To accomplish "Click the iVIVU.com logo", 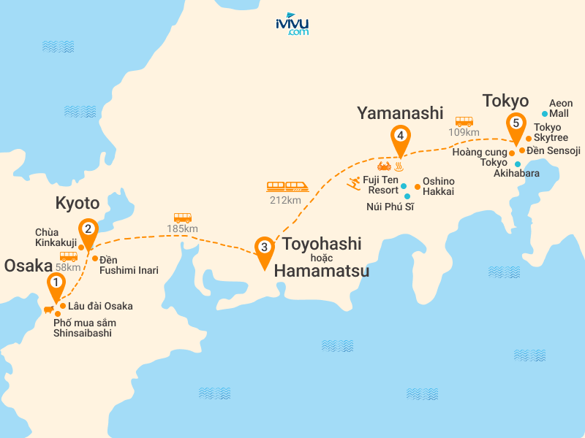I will (x=292, y=25).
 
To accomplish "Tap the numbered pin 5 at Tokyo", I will (x=516, y=124).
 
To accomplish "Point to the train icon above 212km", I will (x=287, y=187).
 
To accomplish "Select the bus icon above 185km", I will (x=182, y=218).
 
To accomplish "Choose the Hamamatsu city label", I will (x=322, y=272).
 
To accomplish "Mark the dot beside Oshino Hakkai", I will (x=418, y=187).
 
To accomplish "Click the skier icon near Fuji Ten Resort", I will (x=354, y=182).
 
